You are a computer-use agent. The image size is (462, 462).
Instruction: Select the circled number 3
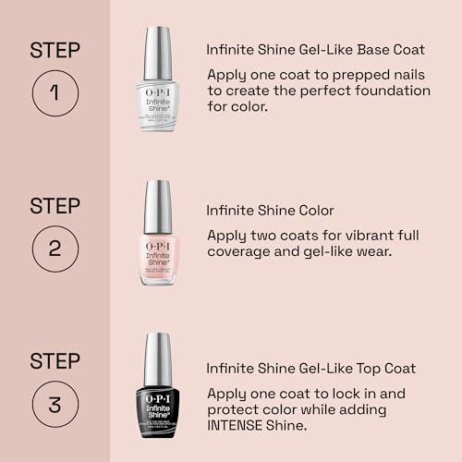pos(55,403)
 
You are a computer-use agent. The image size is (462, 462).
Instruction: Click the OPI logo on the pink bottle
pos(158,248)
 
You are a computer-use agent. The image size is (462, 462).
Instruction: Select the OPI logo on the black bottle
pos(158,401)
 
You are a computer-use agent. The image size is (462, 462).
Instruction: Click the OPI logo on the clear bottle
pos(158,92)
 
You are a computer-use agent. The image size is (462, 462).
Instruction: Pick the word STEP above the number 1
pos(55,50)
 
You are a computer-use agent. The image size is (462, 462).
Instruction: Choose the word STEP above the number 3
pos(55,359)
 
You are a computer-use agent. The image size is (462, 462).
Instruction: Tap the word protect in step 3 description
pos(235,410)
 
